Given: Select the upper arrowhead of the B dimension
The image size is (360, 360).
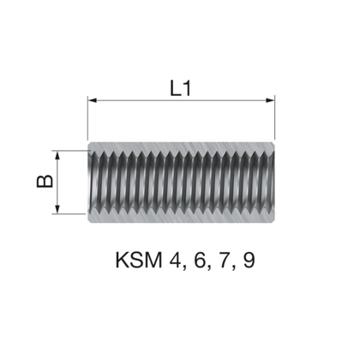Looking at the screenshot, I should pyautogui.click(x=57, y=155).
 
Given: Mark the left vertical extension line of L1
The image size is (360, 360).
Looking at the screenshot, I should pyautogui.click(x=88, y=120).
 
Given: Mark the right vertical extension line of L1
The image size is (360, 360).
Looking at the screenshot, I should pyautogui.click(x=274, y=120).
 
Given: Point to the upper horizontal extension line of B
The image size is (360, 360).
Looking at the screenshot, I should pyautogui.click(x=69, y=151).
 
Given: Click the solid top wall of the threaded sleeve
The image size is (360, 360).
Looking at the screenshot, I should pyautogui.click(x=182, y=145).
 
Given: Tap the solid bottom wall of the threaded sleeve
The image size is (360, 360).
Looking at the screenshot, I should pyautogui.click(x=182, y=219).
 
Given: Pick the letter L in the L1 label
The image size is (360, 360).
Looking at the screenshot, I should pyautogui.click(x=175, y=87).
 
